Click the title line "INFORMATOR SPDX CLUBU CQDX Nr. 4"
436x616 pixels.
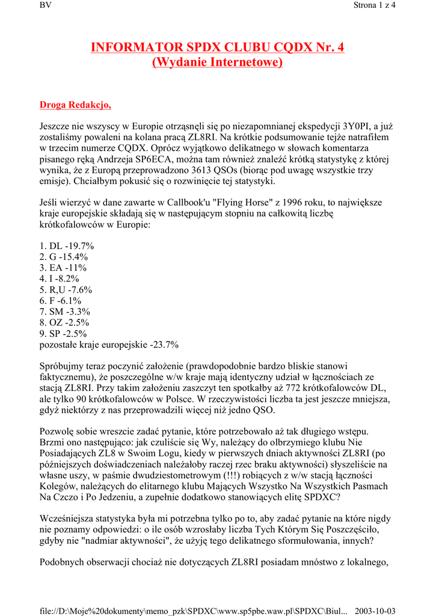click(218, 48)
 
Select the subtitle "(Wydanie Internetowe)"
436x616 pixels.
click(218, 62)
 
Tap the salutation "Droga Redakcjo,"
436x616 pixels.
click(75, 105)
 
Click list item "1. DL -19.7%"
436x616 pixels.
click(67, 246)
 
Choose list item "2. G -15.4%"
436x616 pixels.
click(63, 257)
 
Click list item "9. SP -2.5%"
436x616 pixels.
click(63, 333)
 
